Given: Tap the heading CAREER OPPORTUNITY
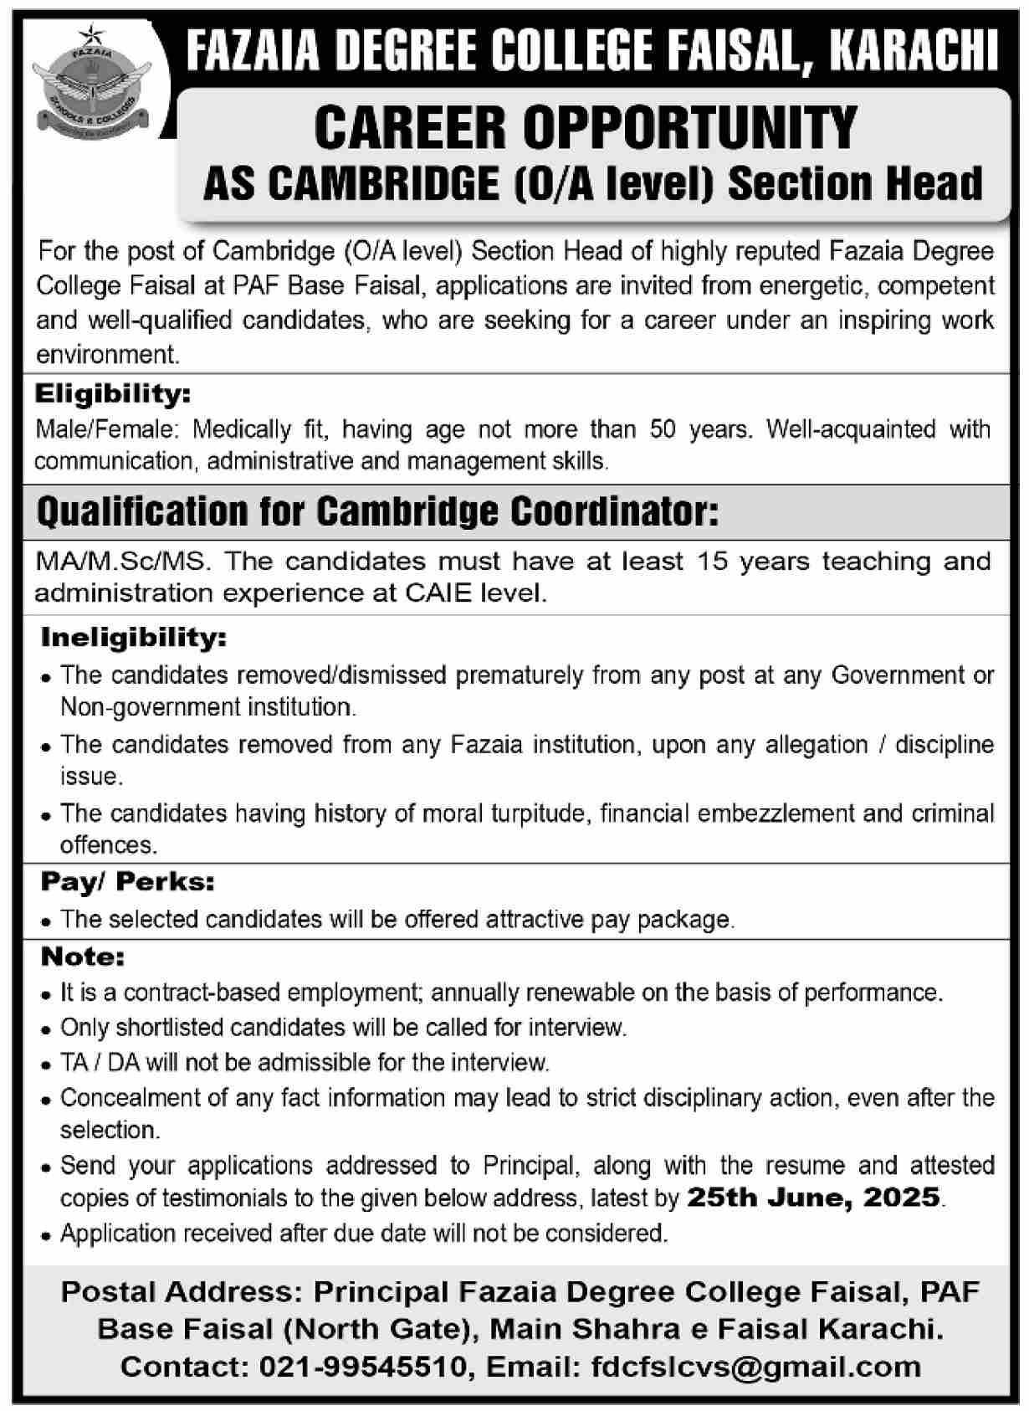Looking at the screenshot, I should [x=586, y=127].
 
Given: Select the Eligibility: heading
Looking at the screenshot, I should [x=113, y=393].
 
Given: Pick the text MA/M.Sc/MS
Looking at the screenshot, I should [x=119, y=561].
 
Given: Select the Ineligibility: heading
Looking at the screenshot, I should [x=134, y=638].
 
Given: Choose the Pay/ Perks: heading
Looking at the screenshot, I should [x=127, y=881].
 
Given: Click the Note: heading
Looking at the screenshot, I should [x=83, y=956].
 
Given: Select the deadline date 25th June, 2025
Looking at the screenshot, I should [x=813, y=1198].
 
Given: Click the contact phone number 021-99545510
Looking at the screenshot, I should [x=363, y=1367].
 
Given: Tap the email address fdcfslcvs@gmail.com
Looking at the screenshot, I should [x=756, y=1367].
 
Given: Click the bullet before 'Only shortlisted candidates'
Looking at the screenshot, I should [x=47, y=1029].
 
